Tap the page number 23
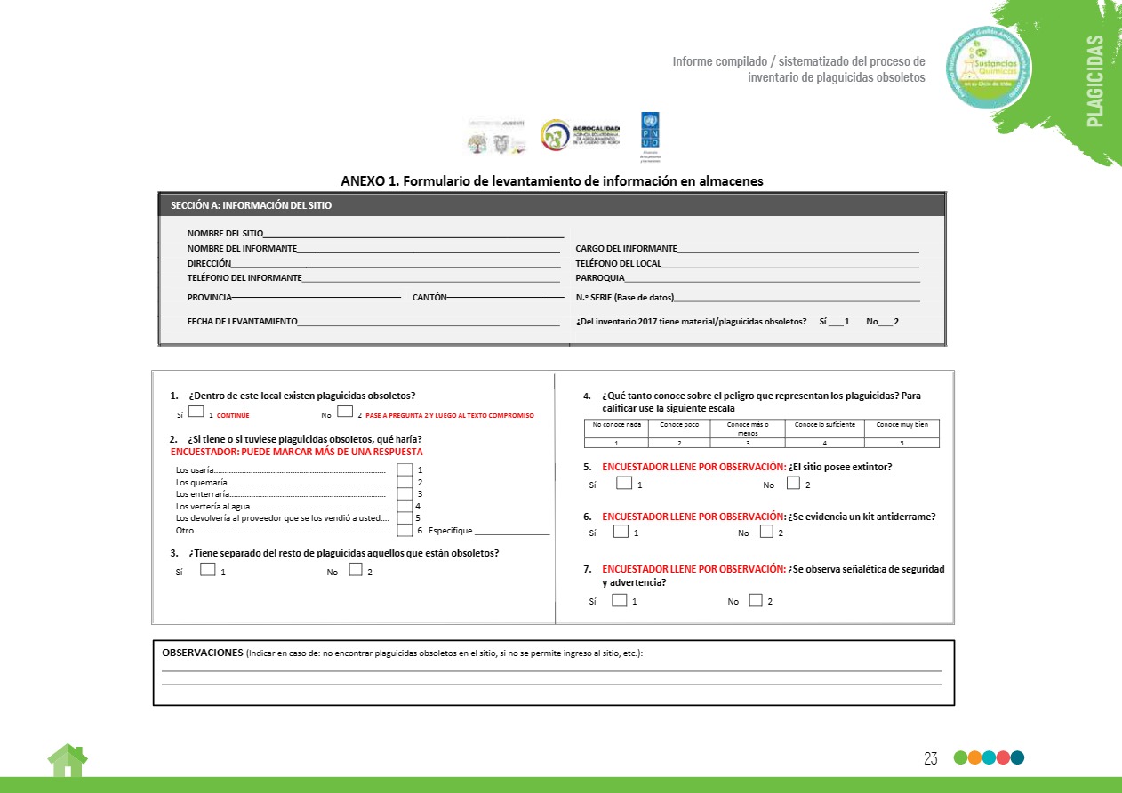(931, 758)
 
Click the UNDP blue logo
(650, 130)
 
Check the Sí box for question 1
(196, 412)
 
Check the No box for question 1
(345, 412)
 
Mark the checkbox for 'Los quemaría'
(405, 482)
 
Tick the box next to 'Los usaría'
(405, 469)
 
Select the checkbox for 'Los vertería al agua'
(405, 506)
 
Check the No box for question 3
(355, 570)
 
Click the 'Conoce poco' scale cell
(678, 425)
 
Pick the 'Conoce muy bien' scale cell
(902, 425)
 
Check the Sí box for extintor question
(624, 483)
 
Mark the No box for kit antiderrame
(766, 531)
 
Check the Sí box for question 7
(620, 599)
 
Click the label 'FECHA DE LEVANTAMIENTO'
(242, 321)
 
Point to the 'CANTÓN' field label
(429, 297)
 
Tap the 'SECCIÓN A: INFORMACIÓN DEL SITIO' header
(252, 205)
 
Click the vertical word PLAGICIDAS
(1094, 81)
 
